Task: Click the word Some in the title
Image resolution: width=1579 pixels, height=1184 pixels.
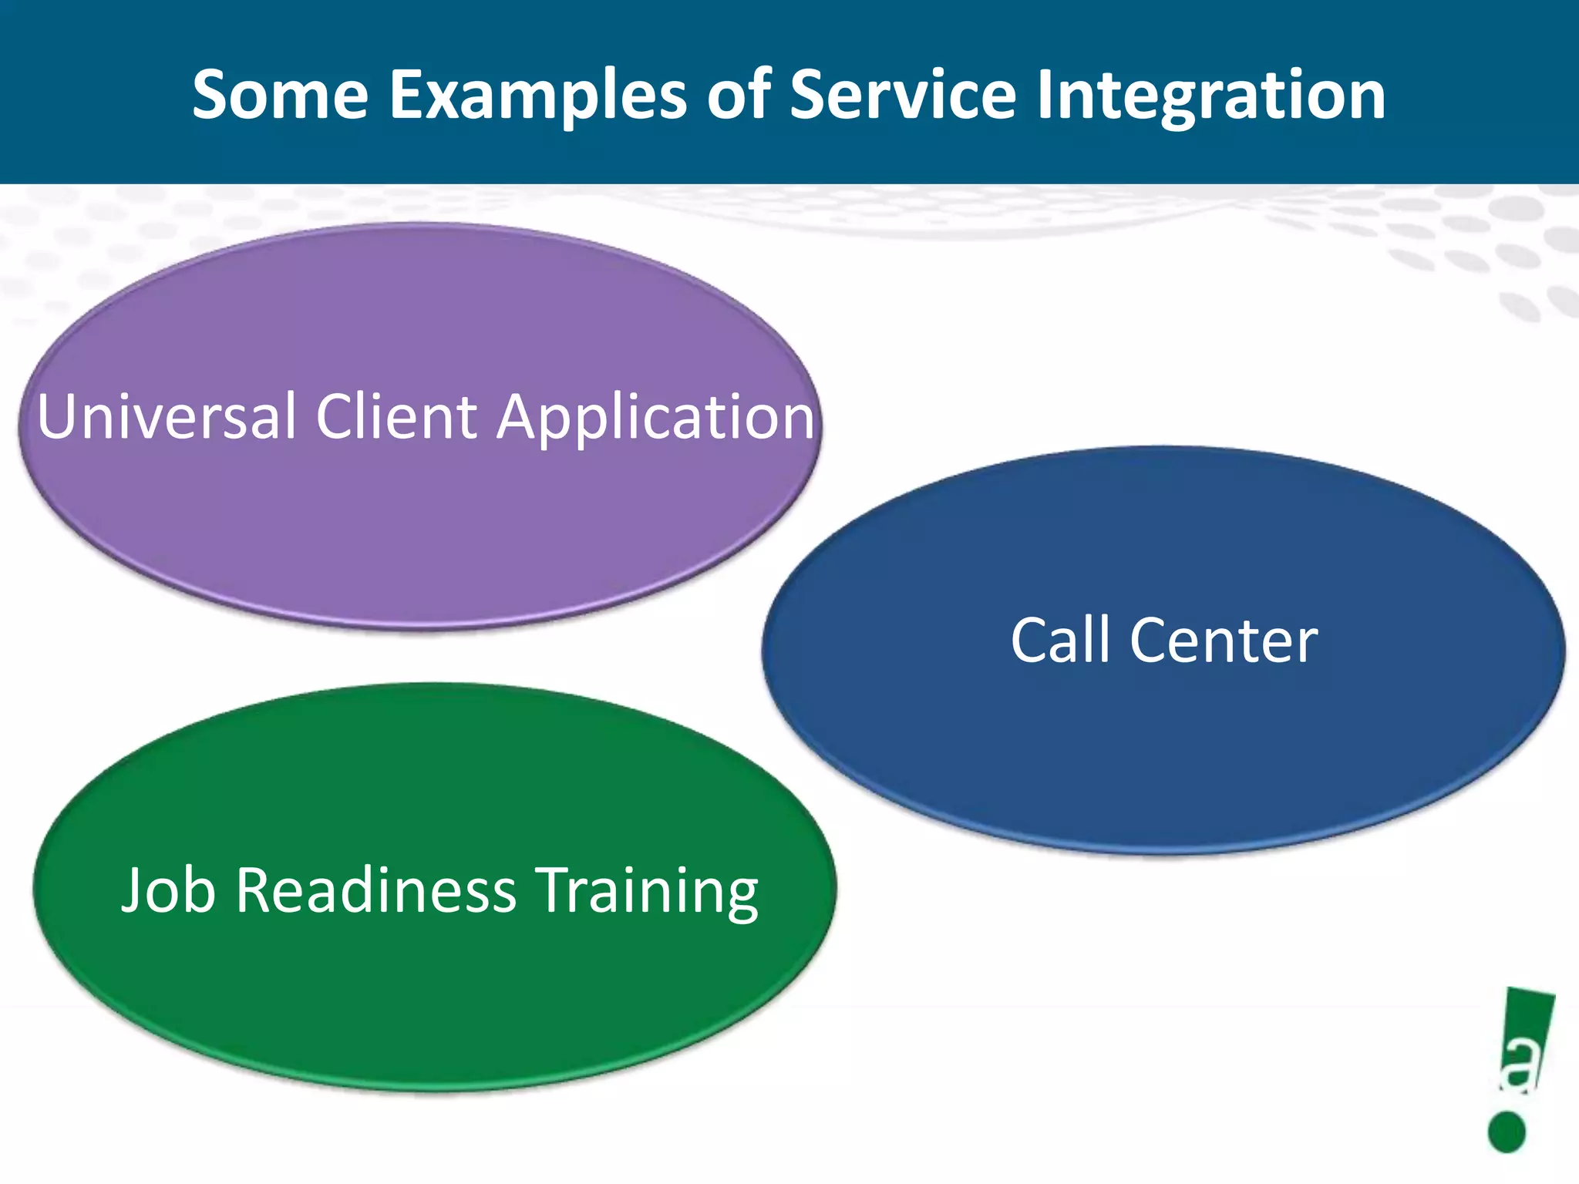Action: coord(281,95)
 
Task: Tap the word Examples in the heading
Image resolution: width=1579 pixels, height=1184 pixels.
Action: coord(538,96)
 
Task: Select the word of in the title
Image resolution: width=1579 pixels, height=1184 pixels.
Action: coord(739,95)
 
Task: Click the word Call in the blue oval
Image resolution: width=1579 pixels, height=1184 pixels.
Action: coord(1061,640)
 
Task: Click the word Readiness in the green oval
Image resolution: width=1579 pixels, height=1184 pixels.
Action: coord(375,890)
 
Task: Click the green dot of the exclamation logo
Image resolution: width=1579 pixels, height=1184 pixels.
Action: coord(1507,1132)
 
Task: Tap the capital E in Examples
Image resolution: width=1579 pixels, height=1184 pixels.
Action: coord(406,95)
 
